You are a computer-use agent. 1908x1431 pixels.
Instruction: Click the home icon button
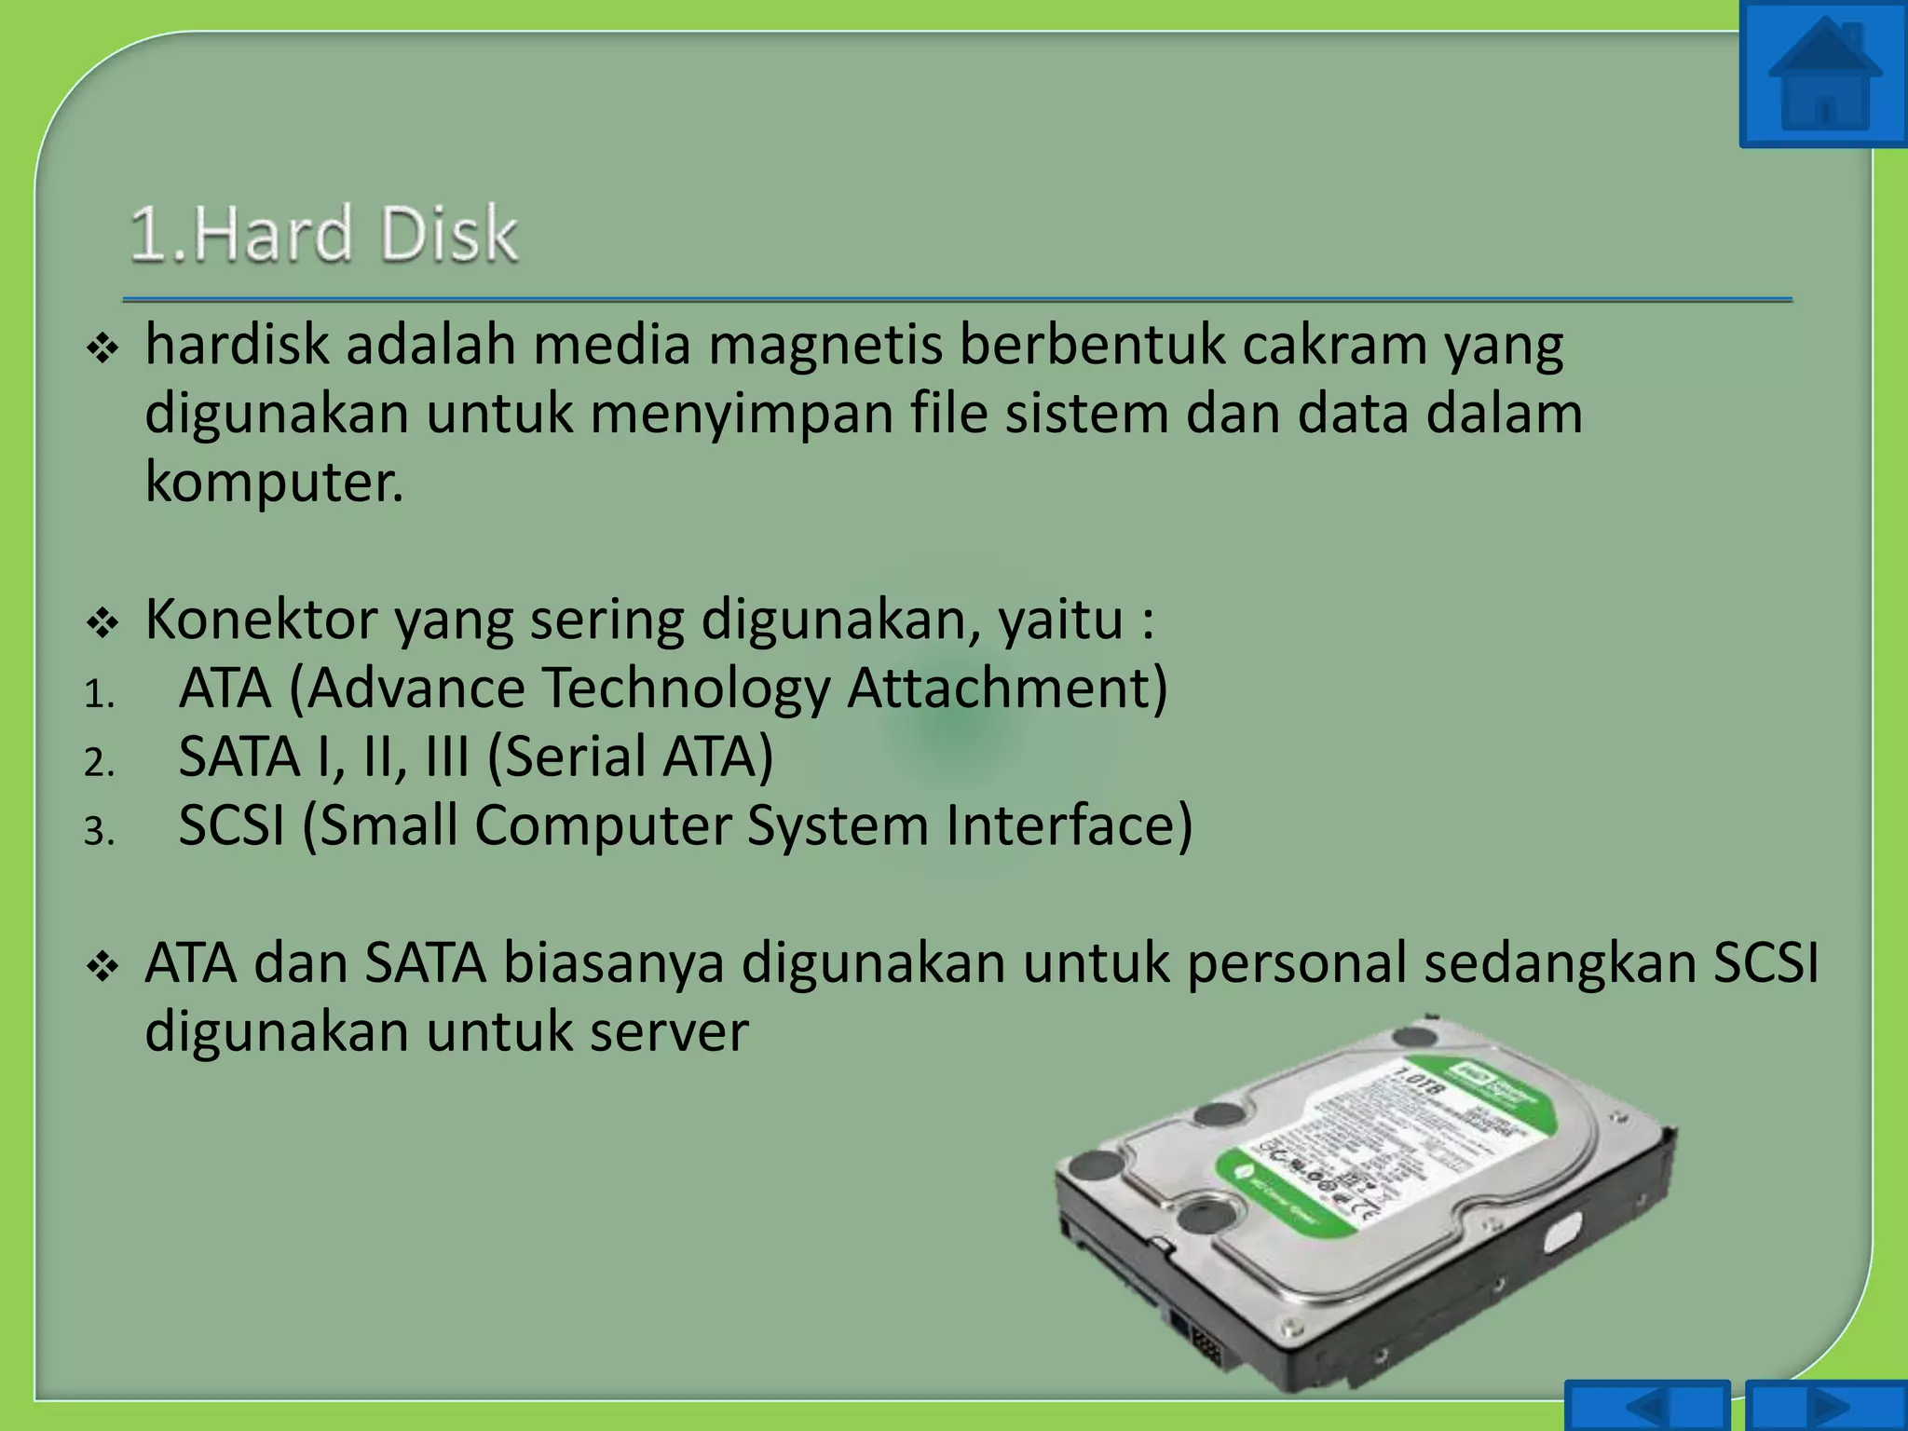pos(1823,75)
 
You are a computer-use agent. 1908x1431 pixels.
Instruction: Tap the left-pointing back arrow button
pos(1646,1407)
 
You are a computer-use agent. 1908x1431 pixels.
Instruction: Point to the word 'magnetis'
pos(825,345)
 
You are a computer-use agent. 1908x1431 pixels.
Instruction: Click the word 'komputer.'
pos(274,482)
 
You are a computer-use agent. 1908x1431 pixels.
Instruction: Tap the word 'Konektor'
pos(261,619)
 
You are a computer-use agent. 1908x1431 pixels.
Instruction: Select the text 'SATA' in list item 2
pos(239,756)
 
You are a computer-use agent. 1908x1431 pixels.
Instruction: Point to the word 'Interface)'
pos(1070,825)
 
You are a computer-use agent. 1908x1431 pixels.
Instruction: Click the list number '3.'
pos(98,831)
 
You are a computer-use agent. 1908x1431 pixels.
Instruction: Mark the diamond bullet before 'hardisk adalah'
pos(102,350)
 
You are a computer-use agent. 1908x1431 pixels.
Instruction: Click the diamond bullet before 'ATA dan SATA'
pos(102,967)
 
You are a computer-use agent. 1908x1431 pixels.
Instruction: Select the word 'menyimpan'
pos(741,414)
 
